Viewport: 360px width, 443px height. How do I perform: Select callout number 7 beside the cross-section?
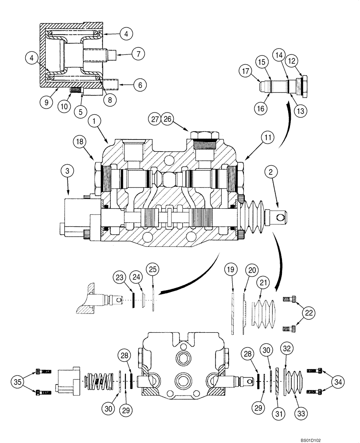click(138, 54)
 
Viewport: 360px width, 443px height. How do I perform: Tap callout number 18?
click(80, 141)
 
